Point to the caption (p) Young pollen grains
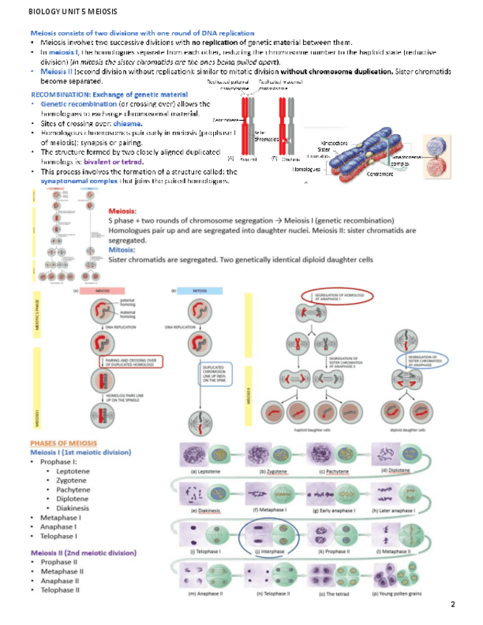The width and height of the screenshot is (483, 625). click(x=395, y=593)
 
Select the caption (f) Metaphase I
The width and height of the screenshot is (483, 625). click(x=269, y=510)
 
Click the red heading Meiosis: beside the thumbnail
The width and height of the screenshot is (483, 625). click(x=122, y=212)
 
